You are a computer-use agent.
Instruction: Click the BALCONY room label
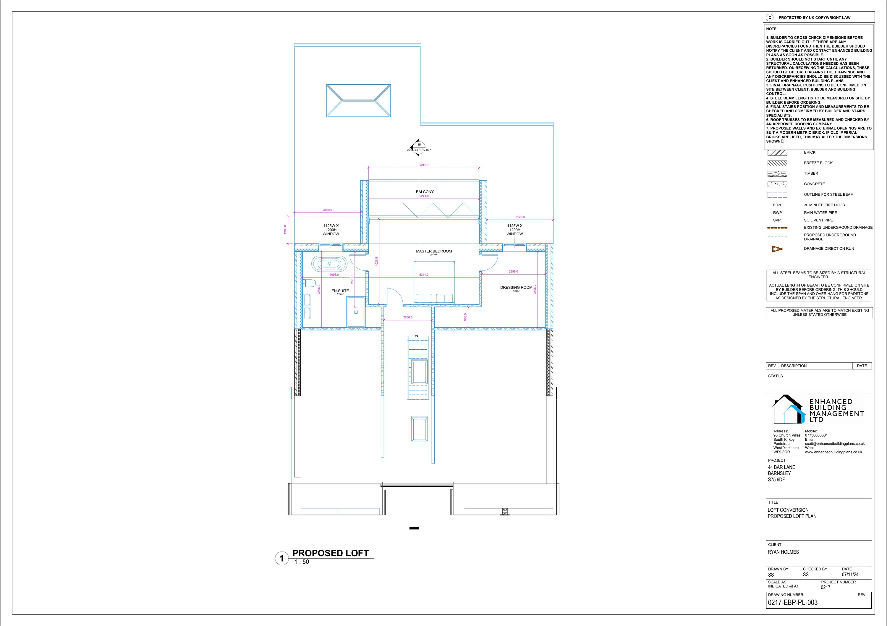pos(425,192)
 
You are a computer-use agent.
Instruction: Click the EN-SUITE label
pos(340,291)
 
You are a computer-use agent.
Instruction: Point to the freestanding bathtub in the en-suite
pos(329,263)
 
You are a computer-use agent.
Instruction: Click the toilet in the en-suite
pos(309,283)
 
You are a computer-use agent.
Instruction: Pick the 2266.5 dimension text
pos(407,317)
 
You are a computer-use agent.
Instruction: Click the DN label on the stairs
pos(416,336)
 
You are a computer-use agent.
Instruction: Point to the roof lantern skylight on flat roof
pos(358,100)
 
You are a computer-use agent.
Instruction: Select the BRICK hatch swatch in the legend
pos(777,153)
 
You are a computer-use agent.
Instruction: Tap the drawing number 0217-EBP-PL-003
pos(793,602)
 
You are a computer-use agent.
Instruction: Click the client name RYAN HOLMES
pos(783,552)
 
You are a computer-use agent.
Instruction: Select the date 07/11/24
pos(850,575)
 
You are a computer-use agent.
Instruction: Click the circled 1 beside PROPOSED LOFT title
pos(282,558)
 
